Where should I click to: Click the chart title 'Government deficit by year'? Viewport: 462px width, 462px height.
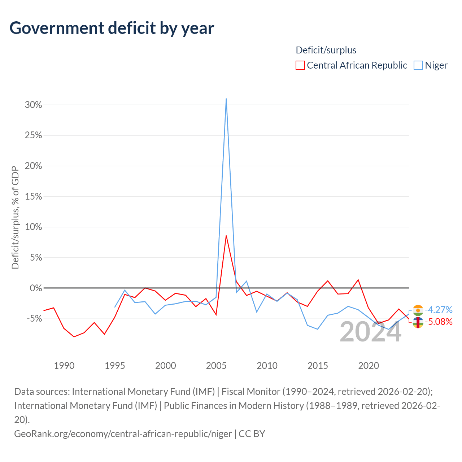coord(112,29)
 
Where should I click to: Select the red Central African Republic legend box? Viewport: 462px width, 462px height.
coord(300,65)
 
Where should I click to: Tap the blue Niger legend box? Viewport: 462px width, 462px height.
coord(418,65)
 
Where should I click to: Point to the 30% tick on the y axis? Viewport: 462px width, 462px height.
coord(33,105)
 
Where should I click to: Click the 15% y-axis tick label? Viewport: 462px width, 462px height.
coord(33,196)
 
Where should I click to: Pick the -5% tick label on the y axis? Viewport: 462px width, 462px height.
coord(34,318)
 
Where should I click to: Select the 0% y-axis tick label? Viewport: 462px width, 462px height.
coord(36,288)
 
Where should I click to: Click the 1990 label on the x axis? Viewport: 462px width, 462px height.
coord(64,366)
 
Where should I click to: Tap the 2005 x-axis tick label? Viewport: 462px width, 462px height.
coord(216,366)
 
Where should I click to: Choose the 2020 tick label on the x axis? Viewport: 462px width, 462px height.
coord(368,366)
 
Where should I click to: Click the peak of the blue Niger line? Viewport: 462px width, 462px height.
coord(226,99)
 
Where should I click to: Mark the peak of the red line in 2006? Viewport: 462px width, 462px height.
coord(226,236)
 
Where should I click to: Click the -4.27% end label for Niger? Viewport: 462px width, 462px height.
coord(439,310)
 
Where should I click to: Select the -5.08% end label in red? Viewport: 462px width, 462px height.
coord(439,322)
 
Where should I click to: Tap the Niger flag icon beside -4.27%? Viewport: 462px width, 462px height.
coord(418,310)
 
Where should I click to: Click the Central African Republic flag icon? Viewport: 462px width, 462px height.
coord(418,322)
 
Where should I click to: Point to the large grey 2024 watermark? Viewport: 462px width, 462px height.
coord(370,332)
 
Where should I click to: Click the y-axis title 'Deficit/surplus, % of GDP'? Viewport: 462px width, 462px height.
coord(15,217)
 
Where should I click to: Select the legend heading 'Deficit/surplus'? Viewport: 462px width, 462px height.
coord(326,50)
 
